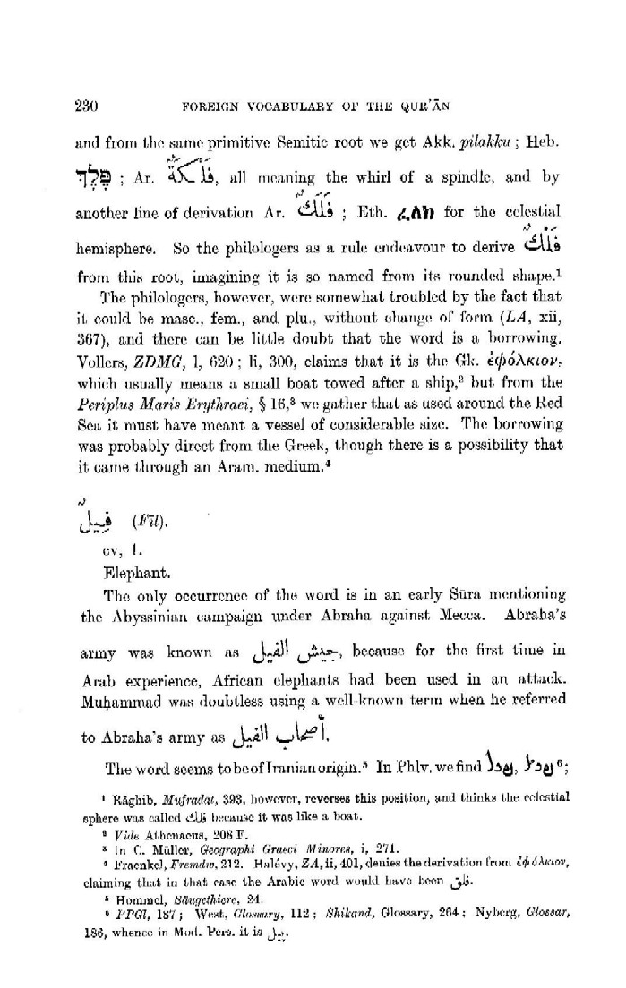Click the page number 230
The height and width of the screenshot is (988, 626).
84,105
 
